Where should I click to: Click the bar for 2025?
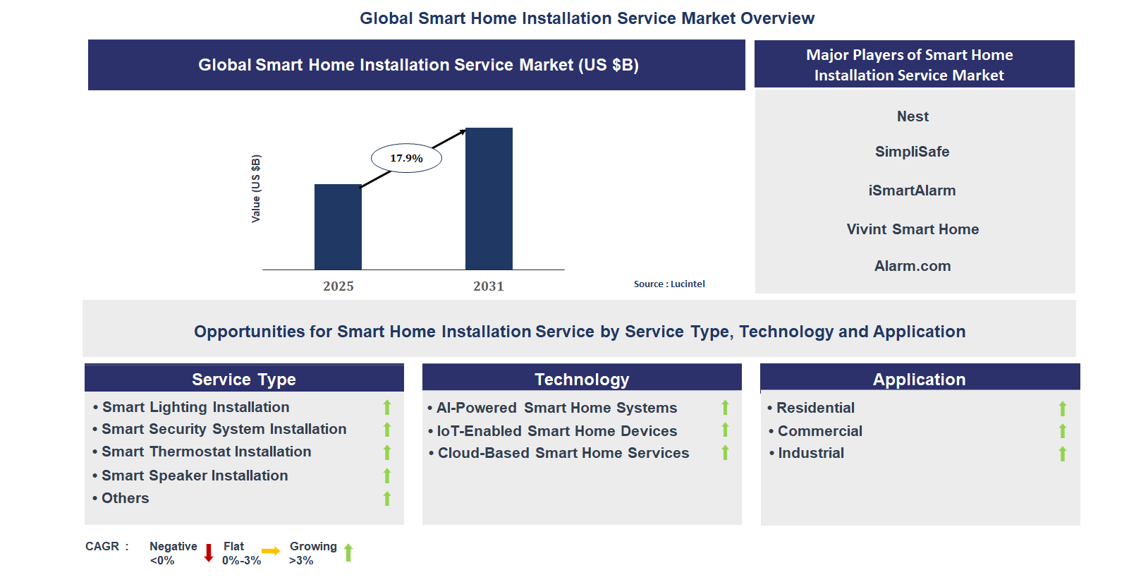click(338, 227)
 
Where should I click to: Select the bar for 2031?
click(489, 199)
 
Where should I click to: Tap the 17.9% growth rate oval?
click(406, 158)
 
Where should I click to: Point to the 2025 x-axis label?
click(338, 286)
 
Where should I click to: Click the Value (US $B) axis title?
click(256, 188)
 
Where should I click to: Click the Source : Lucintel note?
click(669, 284)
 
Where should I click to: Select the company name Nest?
click(913, 116)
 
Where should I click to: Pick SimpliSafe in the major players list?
click(913, 152)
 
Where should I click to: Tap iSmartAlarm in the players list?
click(913, 190)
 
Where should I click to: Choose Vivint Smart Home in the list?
click(913, 229)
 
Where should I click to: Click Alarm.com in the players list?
click(913, 266)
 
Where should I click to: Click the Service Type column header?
click(244, 379)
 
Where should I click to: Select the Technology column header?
click(582, 379)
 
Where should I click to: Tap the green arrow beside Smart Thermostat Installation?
click(387, 452)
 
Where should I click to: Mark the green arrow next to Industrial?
click(1063, 454)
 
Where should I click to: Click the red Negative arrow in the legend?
click(209, 552)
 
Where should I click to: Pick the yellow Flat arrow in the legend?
click(271, 551)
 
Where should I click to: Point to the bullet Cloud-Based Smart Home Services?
click(559, 453)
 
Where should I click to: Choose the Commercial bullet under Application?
click(815, 431)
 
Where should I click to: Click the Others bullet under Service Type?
click(121, 498)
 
